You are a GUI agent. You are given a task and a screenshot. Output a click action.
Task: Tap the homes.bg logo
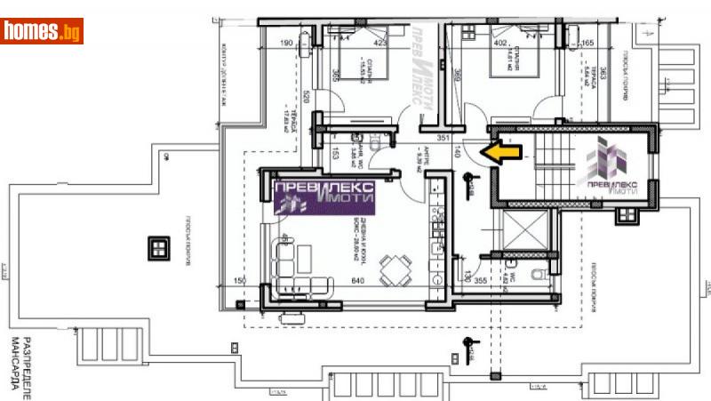[x=42, y=31]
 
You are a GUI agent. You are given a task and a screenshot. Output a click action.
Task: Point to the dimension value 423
[x=381, y=42]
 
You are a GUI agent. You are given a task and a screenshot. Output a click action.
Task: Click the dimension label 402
[x=500, y=42]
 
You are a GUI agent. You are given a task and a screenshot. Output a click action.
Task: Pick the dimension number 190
[x=286, y=42]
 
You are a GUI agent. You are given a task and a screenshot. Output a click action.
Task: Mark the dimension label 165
[x=587, y=42]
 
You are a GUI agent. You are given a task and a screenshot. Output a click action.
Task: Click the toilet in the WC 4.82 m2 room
[x=536, y=271]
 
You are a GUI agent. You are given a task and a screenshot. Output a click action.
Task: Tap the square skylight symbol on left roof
[x=159, y=246]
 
